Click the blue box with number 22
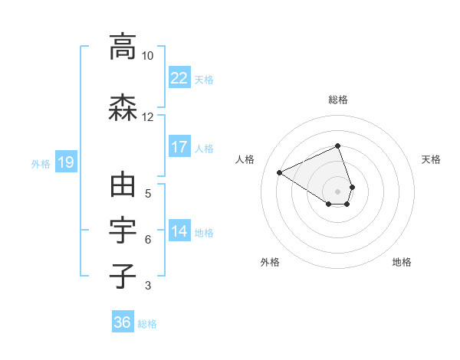tap(179, 77)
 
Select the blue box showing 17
tap(179, 147)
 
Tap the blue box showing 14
tap(179, 231)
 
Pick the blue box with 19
tap(65, 162)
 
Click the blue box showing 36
tap(123, 322)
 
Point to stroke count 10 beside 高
tap(147, 56)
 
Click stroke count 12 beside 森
tap(147, 116)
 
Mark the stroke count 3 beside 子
tap(147, 286)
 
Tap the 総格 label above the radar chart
tap(338, 100)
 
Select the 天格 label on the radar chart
tap(431, 159)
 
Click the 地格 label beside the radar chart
tap(402, 262)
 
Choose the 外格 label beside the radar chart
tap(270, 262)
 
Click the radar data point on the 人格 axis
tap(280, 172)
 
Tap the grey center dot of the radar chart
tap(338, 191)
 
